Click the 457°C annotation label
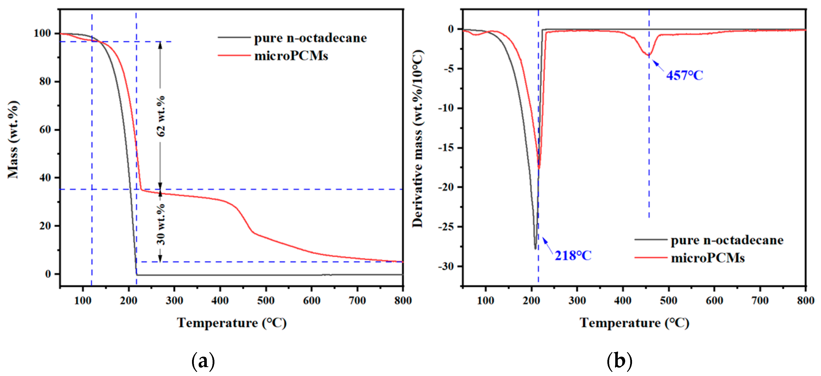(684, 76)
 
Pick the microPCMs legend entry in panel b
(707, 258)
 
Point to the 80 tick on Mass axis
(45, 82)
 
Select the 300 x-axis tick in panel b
(577, 300)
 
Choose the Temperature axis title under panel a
(232, 323)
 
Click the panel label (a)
(203, 361)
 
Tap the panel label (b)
(619, 361)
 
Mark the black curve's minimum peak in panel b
(535, 248)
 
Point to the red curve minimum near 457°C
(649, 56)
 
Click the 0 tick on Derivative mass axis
(451, 29)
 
